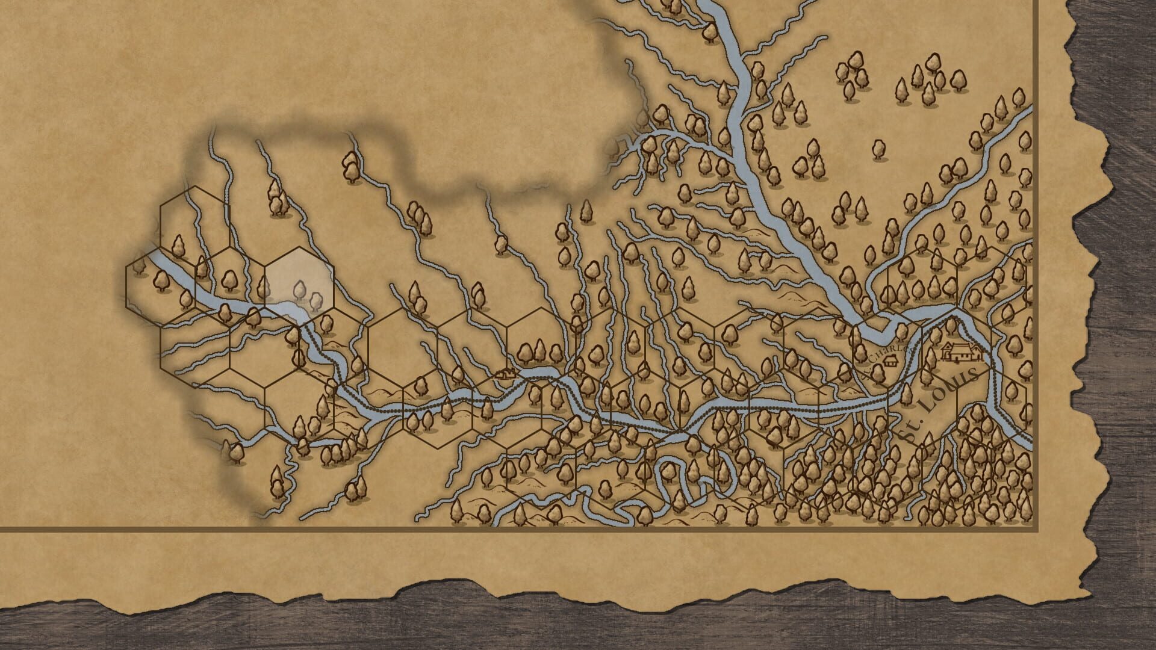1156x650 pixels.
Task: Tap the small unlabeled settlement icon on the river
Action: (503, 374)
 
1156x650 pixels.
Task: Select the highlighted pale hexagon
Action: (299, 280)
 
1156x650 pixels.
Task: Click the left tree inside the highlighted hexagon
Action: (299, 290)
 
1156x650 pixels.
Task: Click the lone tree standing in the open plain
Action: (880, 148)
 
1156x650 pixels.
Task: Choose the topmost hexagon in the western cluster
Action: (194, 217)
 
